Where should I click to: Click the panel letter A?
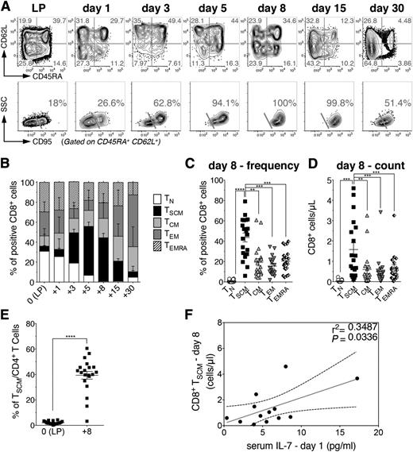(6, 7)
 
